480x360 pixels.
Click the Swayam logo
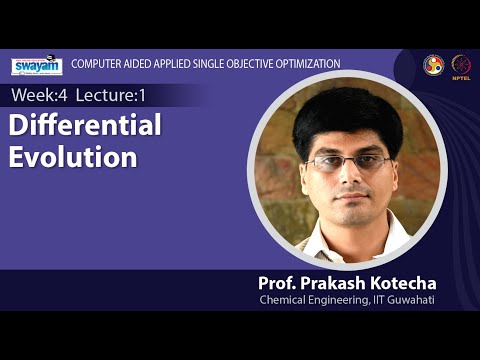[x=37, y=66]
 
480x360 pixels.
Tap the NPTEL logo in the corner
[x=462, y=64]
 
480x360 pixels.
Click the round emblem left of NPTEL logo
[x=433, y=64]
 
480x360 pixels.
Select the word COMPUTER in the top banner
[x=98, y=64]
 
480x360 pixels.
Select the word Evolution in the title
[x=73, y=158]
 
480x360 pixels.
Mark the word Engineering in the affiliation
[x=347, y=300]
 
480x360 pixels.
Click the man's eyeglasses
[x=347, y=162]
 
